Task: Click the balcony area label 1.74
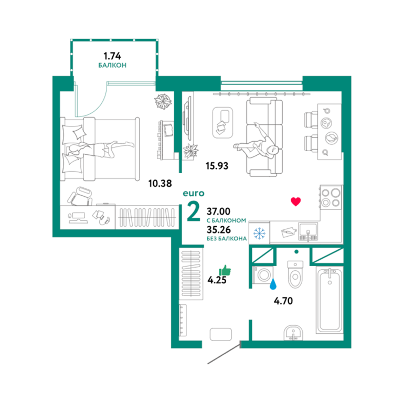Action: (112, 56)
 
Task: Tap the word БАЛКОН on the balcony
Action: (112, 65)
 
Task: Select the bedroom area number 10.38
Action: (160, 184)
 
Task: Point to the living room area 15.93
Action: (217, 166)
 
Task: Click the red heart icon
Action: (295, 201)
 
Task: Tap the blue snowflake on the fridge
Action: (259, 234)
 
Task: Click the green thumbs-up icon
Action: (225, 270)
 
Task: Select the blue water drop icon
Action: (273, 283)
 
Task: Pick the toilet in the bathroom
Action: (295, 274)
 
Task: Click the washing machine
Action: (263, 275)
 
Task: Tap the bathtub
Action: (330, 300)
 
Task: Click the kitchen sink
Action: (308, 231)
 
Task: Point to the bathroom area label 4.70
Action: (283, 301)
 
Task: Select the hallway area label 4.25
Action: (217, 280)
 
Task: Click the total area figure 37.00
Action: (218, 211)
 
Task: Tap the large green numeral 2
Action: (193, 211)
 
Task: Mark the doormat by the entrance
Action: (221, 334)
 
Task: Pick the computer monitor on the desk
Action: (78, 217)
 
